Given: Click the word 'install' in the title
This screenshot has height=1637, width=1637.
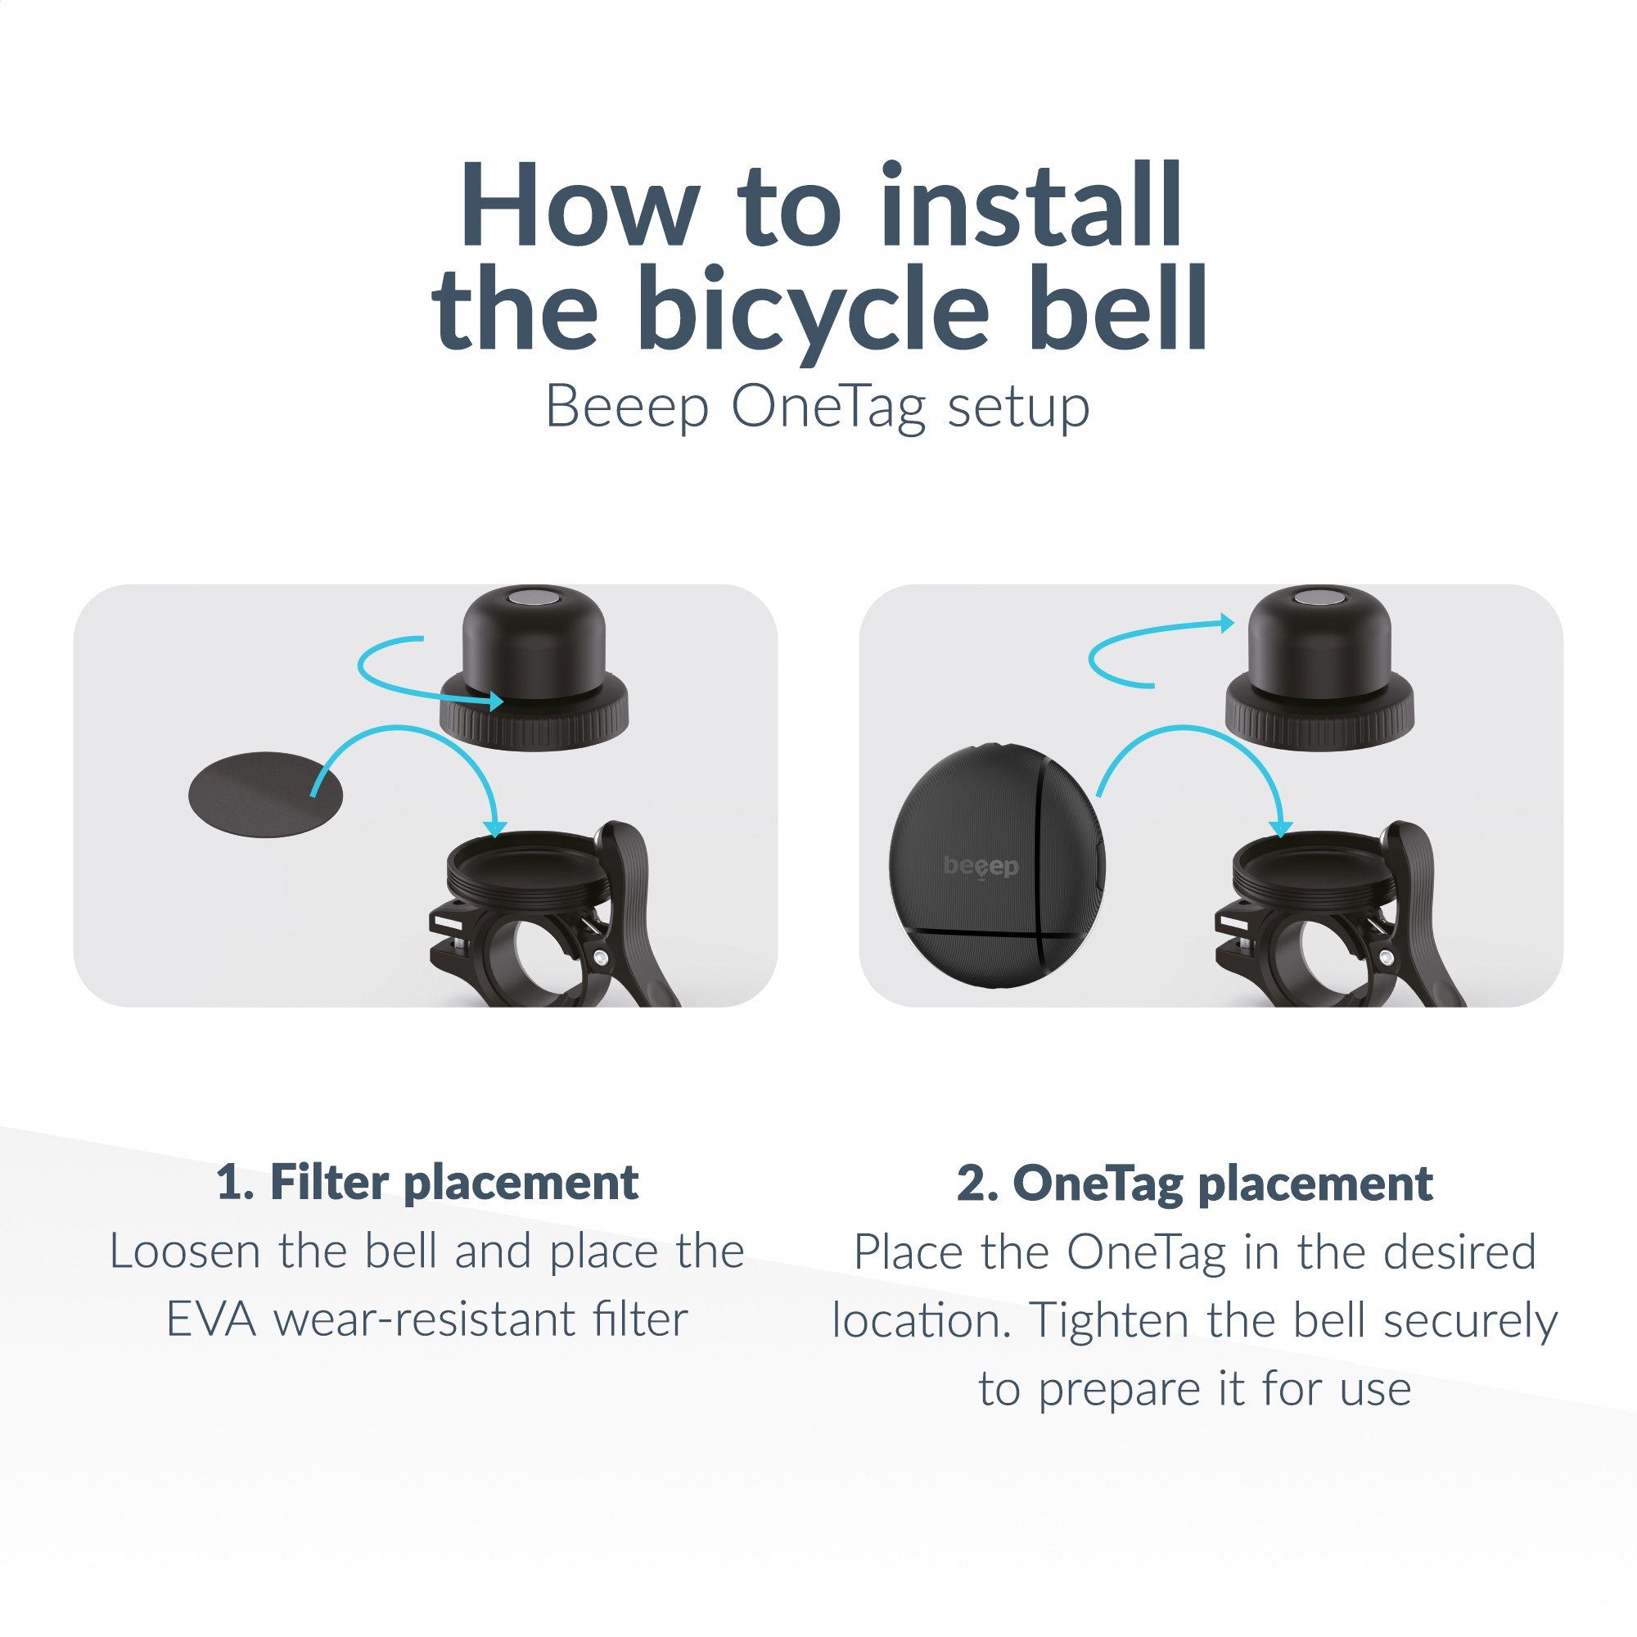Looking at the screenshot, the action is click(1031, 205).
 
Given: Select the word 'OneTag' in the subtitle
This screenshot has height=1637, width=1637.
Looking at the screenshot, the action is click(828, 408).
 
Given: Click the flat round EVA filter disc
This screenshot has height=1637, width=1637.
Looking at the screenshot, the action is click(265, 795).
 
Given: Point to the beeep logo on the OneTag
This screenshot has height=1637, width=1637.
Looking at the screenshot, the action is click(981, 866).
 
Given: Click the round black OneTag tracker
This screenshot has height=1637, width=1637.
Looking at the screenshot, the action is click(997, 865).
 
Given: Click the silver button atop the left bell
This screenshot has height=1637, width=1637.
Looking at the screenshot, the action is click(534, 598).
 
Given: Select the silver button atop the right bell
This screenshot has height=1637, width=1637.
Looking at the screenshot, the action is click(1319, 598).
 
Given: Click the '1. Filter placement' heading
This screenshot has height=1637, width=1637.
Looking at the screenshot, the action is click(427, 1183).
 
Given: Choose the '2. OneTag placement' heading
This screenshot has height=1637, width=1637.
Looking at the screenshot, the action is click(1195, 1184).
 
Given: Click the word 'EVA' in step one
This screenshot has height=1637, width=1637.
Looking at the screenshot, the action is click(211, 1319).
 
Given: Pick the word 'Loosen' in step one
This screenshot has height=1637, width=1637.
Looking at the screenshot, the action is click(185, 1251).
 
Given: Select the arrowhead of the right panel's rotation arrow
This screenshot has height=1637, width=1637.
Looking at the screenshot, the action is click(1227, 623).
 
